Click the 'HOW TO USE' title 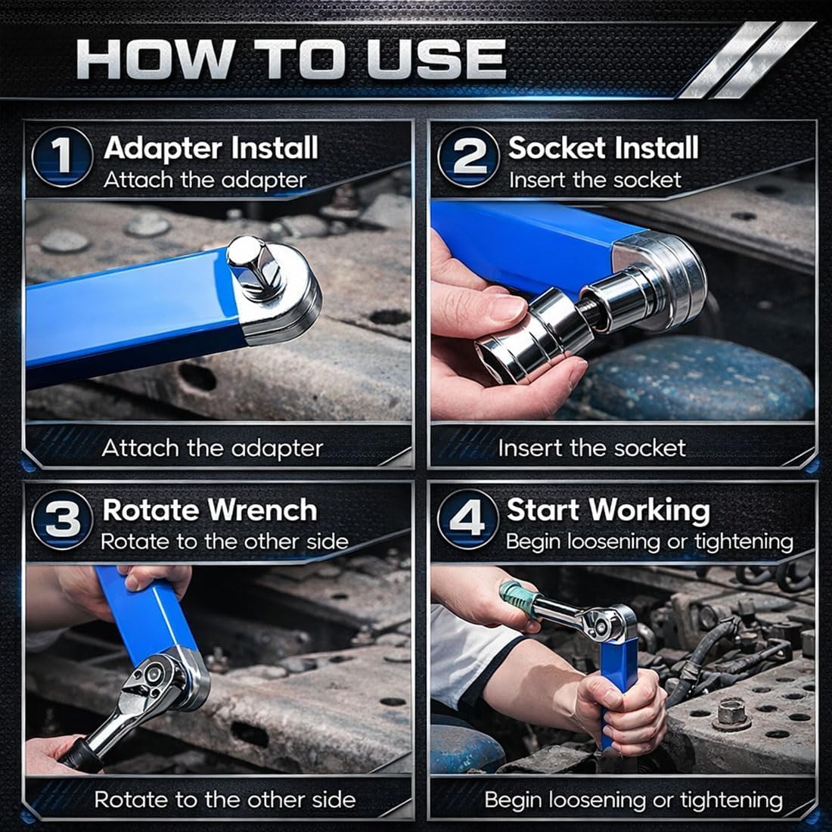[291, 58]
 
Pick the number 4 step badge [468, 520]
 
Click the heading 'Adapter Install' [211, 147]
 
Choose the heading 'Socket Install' [603, 147]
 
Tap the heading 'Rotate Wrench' [210, 510]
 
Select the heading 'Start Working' [608, 510]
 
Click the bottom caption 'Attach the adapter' [212, 449]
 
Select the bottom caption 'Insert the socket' [591, 449]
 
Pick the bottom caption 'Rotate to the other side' [225, 799]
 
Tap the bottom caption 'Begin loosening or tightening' [633, 799]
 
